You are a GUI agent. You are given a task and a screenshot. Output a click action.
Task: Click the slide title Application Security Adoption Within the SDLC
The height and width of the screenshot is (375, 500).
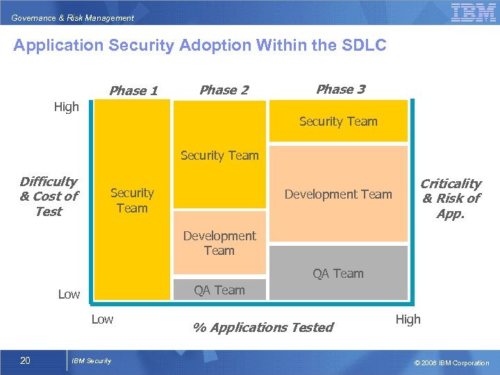pyautogui.click(x=200, y=46)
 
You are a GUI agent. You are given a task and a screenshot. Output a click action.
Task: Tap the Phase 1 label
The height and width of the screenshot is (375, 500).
pyautogui.click(x=133, y=90)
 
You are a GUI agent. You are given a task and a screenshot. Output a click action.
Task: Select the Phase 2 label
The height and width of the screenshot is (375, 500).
pyautogui.click(x=224, y=90)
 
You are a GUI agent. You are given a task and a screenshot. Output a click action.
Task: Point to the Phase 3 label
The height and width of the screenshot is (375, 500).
pyautogui.click(x=340, y=89)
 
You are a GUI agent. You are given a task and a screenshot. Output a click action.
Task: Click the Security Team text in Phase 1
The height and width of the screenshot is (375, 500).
pyautogui.click(x=132, y=200)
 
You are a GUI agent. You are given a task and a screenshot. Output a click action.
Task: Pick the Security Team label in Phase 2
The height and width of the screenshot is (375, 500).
pyautogui.click(x=219, y=156)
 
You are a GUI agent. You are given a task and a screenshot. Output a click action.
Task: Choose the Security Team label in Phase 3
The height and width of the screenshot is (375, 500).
pyautogui.click(x=338, y=122)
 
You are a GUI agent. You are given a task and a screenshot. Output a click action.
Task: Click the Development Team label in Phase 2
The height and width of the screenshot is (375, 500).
pyautogui.click(x=219, y=243)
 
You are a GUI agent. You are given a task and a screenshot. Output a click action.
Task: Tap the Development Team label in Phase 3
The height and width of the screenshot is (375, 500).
pyautogui.click(x=338, y=194)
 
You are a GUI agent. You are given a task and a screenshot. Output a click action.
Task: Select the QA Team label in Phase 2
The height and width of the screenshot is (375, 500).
pyautogui.click(x=219, y=290)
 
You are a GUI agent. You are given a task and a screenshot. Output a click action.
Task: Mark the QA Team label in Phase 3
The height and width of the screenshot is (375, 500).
pyautogui.click(x=338, y=274)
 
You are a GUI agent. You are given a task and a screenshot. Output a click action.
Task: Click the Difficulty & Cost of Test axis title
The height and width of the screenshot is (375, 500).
pyautogui.click(x=49, y=197)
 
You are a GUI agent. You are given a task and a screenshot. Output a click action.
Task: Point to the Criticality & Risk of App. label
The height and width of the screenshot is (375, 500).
pyautogui.click(x=451, y=198)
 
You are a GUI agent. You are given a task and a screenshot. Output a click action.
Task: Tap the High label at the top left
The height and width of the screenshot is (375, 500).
pyautogui.click(x=67, y=107)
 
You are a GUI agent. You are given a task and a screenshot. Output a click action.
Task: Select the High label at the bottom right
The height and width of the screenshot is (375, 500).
pyautogui.click(x=408, y=319)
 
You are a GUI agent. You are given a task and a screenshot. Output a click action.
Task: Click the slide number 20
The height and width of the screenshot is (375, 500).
pyautogui.click(x=25, y=360)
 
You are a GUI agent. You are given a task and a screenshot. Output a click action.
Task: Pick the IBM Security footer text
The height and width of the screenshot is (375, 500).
pyautogui.click(x=92, y=360)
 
